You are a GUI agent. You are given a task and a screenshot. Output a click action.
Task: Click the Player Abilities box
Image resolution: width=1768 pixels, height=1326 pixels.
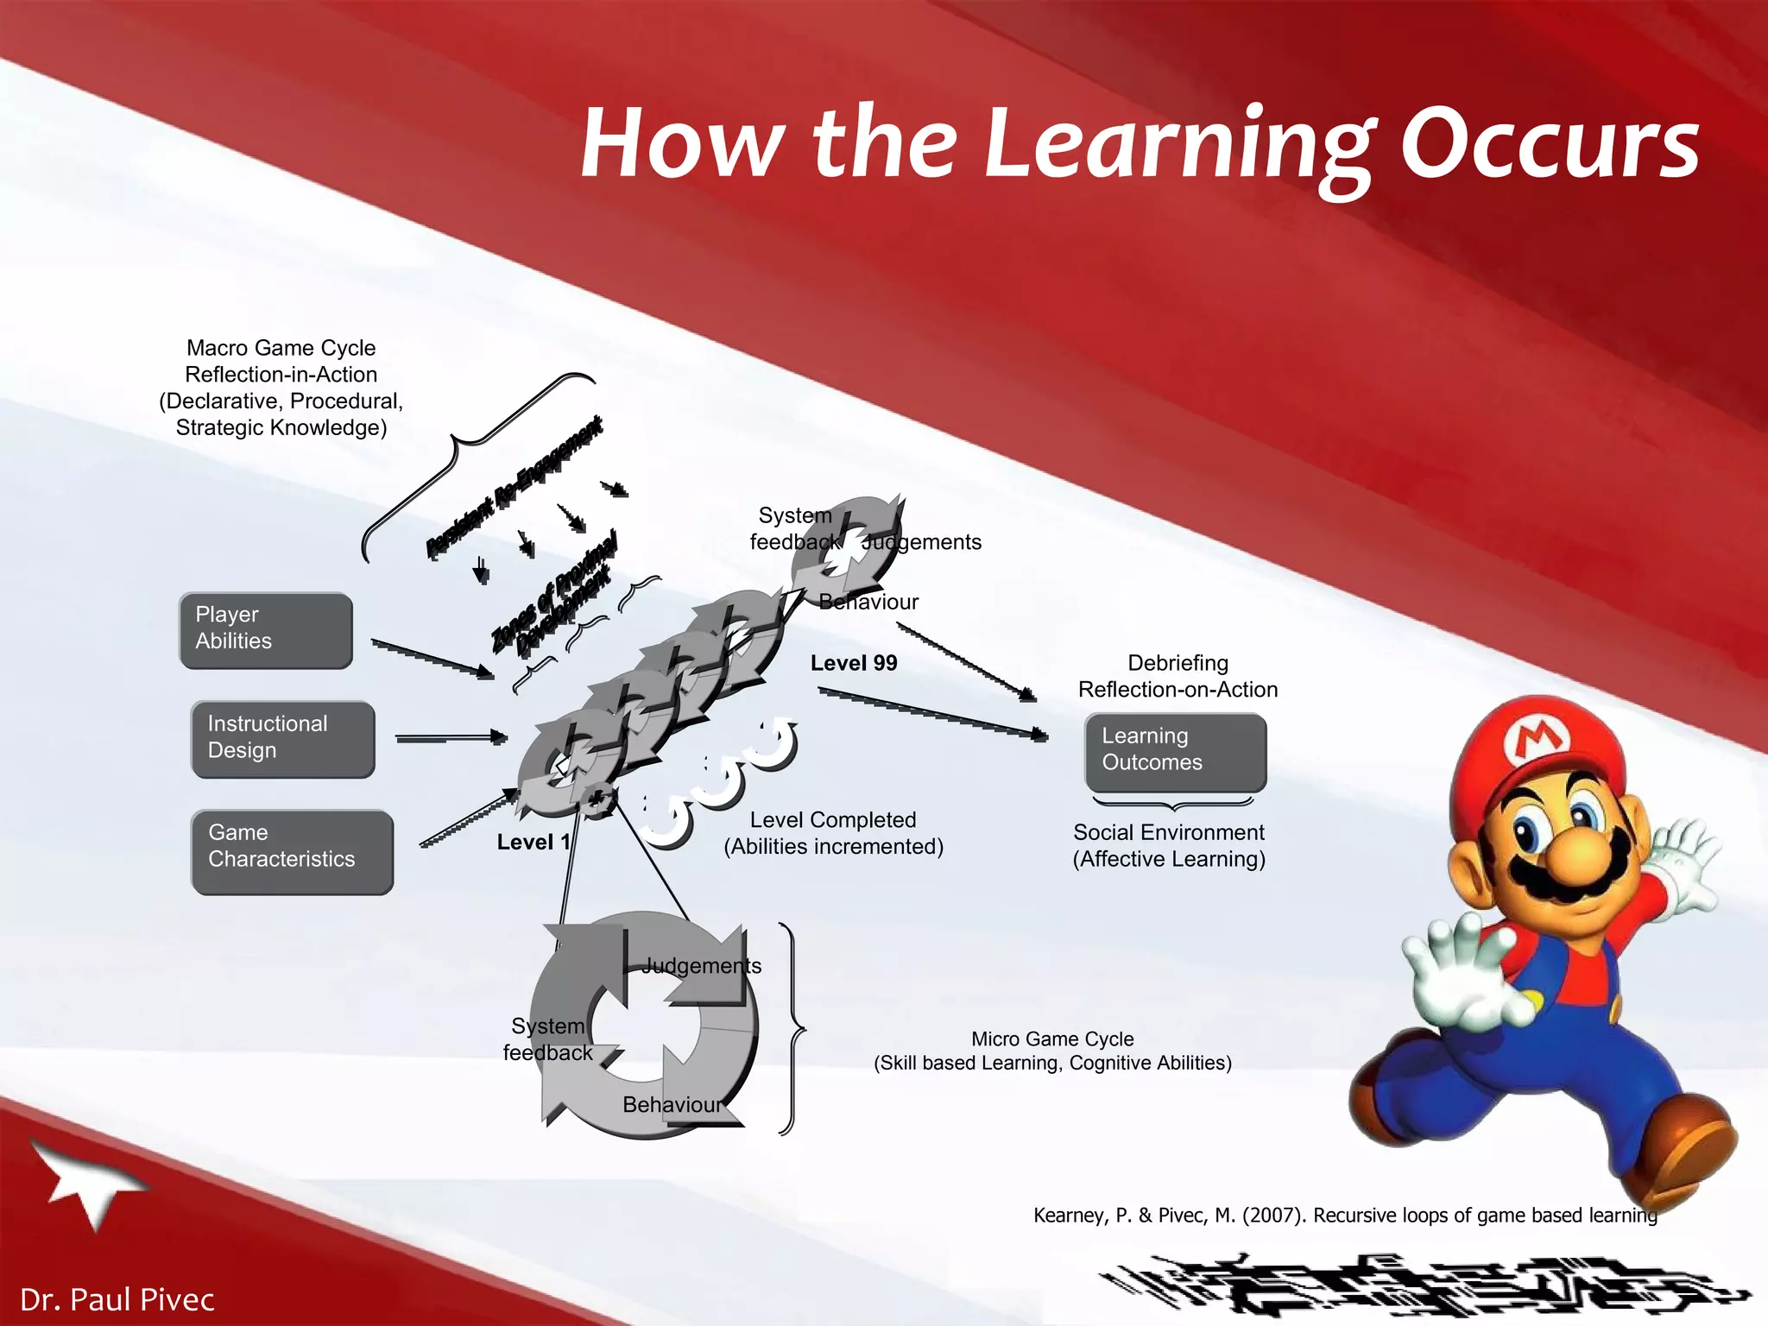point(265,630)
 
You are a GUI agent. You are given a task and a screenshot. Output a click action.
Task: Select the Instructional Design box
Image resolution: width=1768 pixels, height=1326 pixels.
point(282,739)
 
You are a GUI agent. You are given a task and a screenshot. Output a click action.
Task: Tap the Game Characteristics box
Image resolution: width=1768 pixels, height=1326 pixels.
point(292,851)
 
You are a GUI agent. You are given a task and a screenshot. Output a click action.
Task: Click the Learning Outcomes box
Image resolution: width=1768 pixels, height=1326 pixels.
point(1175,751)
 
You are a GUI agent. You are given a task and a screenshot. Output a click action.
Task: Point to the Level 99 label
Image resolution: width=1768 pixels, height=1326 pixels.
point(853,663)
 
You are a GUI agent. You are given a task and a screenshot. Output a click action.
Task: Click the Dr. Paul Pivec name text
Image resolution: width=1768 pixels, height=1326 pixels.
point(117,1299)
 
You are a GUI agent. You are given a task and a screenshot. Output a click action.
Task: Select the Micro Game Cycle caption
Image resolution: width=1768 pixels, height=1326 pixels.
point(1051,1051)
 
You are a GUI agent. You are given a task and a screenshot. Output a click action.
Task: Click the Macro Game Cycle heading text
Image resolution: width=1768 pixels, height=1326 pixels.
point(281,348)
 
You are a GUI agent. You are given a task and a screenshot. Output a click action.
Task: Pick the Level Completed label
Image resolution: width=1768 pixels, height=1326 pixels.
point(833,833)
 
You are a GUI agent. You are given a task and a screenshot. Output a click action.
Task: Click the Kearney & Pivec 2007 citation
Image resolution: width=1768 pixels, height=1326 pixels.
point(1345,1215)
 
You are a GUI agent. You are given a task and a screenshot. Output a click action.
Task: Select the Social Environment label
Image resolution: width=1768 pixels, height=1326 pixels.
point(1168,845)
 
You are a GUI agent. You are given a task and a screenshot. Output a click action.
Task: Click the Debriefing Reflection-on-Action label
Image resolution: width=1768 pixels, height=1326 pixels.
point(1178,676)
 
